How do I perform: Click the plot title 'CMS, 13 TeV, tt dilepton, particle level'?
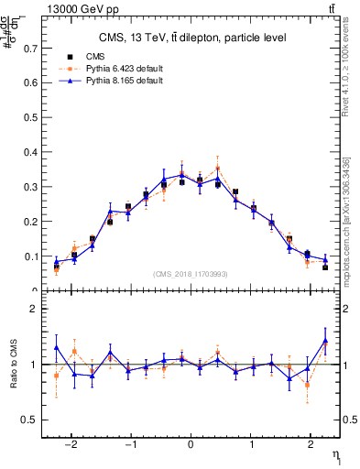point(192,38)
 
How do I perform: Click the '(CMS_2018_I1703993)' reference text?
point(191,274)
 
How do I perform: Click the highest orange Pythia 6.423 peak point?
point(217,169)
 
